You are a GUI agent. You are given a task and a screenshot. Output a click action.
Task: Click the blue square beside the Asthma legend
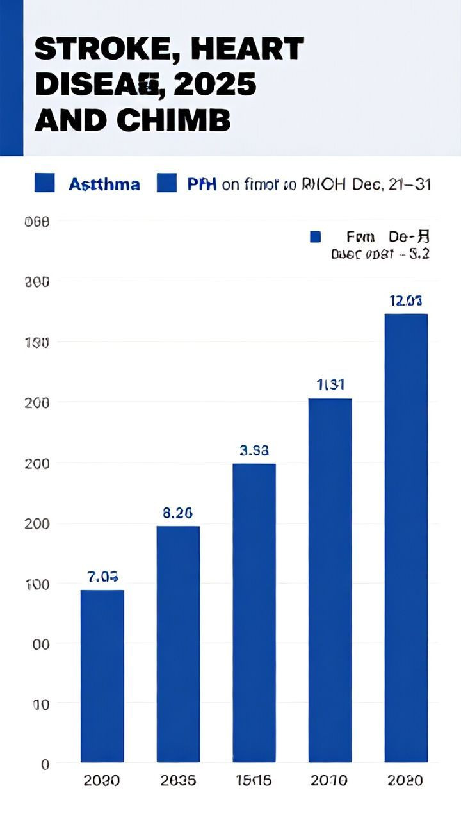tap(44, 184)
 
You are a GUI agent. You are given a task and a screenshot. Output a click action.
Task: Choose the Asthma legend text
tap(104, 184)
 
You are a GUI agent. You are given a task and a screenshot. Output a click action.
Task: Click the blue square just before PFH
tap(166, 184)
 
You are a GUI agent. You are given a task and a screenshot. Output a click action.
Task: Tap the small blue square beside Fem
tap(315, 237)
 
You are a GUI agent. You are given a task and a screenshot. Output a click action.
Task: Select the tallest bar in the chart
tap(406, 538)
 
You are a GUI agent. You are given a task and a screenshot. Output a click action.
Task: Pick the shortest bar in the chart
tap(102, 676)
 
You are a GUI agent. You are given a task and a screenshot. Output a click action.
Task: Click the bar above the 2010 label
tap(330, 580)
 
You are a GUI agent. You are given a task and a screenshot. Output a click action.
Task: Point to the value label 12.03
tap(406, 300)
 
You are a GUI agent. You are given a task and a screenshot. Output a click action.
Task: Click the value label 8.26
tap(177, 513)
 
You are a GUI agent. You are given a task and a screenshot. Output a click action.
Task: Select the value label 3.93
tap(254, 450)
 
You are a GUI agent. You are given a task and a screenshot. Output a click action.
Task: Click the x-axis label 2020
tap(406, 780)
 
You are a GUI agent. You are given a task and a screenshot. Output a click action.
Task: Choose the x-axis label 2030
tap(102, 780)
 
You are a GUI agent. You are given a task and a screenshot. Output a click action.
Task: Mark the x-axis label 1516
tap(254, 780)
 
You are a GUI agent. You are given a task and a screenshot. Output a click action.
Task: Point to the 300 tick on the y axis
tap(36, 281)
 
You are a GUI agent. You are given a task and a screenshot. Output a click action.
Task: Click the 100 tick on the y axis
tap(36, 584)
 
